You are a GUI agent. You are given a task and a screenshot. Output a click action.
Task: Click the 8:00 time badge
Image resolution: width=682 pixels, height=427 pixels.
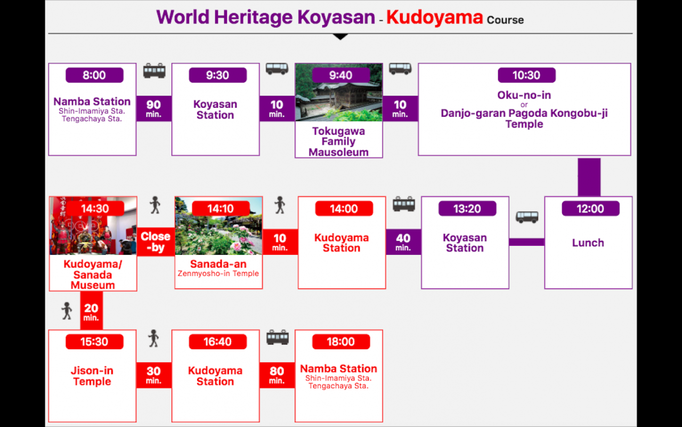click(94, 75)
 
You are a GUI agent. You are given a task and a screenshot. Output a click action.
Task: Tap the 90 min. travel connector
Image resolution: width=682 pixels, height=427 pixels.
click(154, 109)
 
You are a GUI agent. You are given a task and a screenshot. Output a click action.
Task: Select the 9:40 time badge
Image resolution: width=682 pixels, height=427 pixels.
click(340, 75)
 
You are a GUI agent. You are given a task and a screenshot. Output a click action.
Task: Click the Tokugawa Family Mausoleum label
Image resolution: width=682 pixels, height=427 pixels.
click(338, 141)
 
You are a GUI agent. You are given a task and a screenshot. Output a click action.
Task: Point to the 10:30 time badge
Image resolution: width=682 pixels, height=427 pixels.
click(526, 75)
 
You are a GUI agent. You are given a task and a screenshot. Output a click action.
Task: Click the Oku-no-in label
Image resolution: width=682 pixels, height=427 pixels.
click(524, 95)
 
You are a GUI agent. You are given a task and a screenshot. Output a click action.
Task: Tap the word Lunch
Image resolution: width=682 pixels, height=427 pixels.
click(588, 243)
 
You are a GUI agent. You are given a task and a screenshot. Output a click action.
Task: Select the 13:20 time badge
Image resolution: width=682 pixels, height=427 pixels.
click(467, 208)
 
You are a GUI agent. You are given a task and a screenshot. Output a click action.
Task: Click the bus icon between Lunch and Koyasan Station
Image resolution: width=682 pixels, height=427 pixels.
click(527, 217)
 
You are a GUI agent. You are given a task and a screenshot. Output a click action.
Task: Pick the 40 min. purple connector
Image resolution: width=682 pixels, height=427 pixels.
click(403, 242)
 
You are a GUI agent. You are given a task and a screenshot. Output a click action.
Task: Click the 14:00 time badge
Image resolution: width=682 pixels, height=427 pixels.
click(344, 208)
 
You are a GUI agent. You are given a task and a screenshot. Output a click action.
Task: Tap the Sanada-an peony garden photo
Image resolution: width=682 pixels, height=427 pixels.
click(218, 226)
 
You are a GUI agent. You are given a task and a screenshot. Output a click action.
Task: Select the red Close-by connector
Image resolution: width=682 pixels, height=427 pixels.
click(156, 242)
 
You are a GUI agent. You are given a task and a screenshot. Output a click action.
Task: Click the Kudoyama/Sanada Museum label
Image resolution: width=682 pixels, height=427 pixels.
click(93, 275)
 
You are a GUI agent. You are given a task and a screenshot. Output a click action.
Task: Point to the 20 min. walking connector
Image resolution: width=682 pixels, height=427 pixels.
click(91, 311)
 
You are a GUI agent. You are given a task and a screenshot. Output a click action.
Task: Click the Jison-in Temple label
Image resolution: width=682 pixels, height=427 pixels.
click(92, 376)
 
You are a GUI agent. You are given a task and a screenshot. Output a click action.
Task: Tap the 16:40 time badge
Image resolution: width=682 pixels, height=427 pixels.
click(218, 342)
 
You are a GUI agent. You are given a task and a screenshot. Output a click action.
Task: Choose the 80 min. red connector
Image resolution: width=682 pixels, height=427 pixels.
click(277, 375)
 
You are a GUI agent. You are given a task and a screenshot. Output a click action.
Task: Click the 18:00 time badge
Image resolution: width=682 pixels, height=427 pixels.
click(341, 342)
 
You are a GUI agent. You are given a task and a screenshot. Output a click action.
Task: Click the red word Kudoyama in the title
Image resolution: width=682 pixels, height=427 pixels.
click(434, 18)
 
